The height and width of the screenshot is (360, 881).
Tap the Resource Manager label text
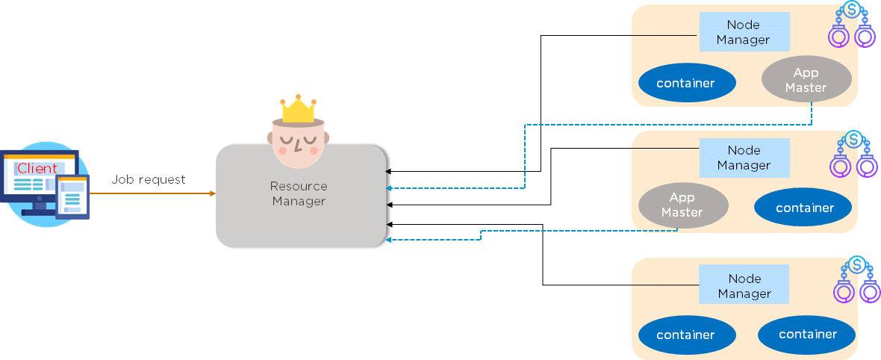[299, 193]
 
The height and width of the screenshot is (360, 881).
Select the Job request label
[149, 179]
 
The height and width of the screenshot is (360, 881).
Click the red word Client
[37, 168]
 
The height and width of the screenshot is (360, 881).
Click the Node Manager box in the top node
[743, 32]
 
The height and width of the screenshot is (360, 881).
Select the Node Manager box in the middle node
[744, 158]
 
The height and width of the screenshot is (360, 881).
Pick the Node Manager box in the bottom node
[744, 285]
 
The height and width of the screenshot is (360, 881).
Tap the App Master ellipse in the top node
[806, 79]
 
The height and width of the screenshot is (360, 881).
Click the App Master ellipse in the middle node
[682, 205]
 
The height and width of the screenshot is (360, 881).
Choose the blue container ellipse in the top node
[685, 83]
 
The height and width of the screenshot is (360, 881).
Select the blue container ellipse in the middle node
[804, 208]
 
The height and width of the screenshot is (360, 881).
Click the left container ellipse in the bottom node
[685, 335]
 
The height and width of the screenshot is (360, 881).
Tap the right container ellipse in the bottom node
[807, 335]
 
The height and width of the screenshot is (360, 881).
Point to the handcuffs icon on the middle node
[850, 155]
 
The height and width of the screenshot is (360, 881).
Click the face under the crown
[299, 142]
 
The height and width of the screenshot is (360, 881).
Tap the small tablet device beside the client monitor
[72, 197]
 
